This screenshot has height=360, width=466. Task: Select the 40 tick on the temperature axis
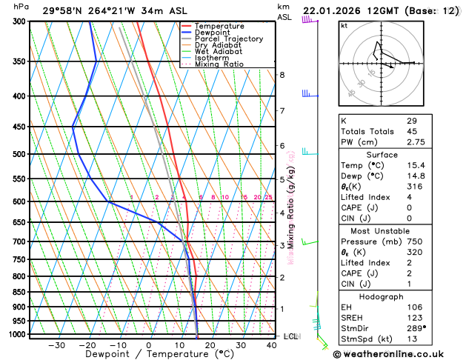[x=272, y=345]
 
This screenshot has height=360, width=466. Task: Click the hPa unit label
[x=21, y=7]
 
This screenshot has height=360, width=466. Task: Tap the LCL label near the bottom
[x=290, y=336]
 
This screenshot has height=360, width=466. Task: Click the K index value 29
[x=411, y=120]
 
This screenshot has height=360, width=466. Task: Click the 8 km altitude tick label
[x=282, y=75]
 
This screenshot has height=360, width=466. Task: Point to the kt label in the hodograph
[x=344, y=25]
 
